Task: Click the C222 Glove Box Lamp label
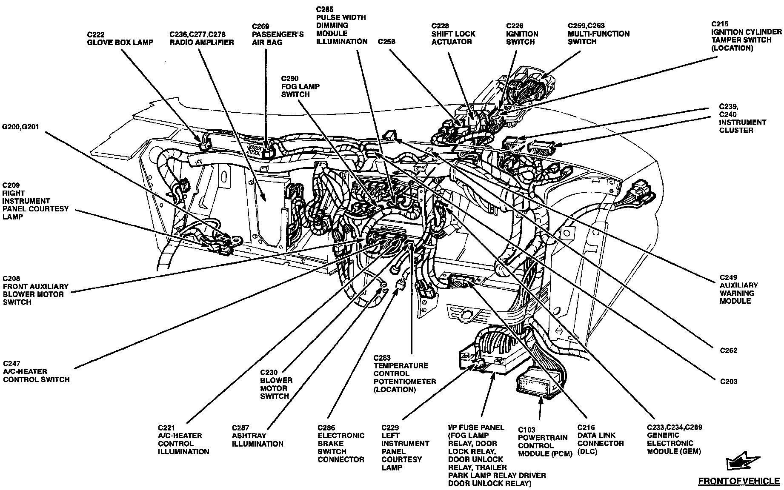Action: pyautogui.click(x=120, y=38)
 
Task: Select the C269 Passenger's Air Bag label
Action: pyautogui.click(x=278, y=34)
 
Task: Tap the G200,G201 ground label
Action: pyautogui.click(x=21, y=127)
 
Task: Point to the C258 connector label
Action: pyautogui.click(x=386, y=42)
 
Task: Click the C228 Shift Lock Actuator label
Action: pyautogui.click(x=453, y=34)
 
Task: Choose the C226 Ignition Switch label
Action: pyautogui.click(x=522, y=34)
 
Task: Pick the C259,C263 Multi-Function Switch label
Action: pyautogui.click(x=598, y=34)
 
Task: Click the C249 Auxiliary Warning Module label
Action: pyautogui.click(x=738, y=289)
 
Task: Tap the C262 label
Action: pyautogui.click(x=729, y=350)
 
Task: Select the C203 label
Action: pyautogui.click(x=729, y=381)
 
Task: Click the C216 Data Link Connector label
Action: pyautogui.click(x=600, y=439)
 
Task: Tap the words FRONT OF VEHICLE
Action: pyautogui.click(x=738, y=481)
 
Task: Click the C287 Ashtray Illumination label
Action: pyautogui.click(x=257, y=436)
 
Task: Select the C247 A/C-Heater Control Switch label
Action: pyautogui.click(x=36, y=371)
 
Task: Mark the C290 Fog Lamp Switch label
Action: pyautogui.click(x=300, y=86)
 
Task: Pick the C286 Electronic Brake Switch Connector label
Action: pyautogui.click(x=340, y=443)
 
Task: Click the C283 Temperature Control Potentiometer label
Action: pyautogui.click(x=404, y=373)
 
